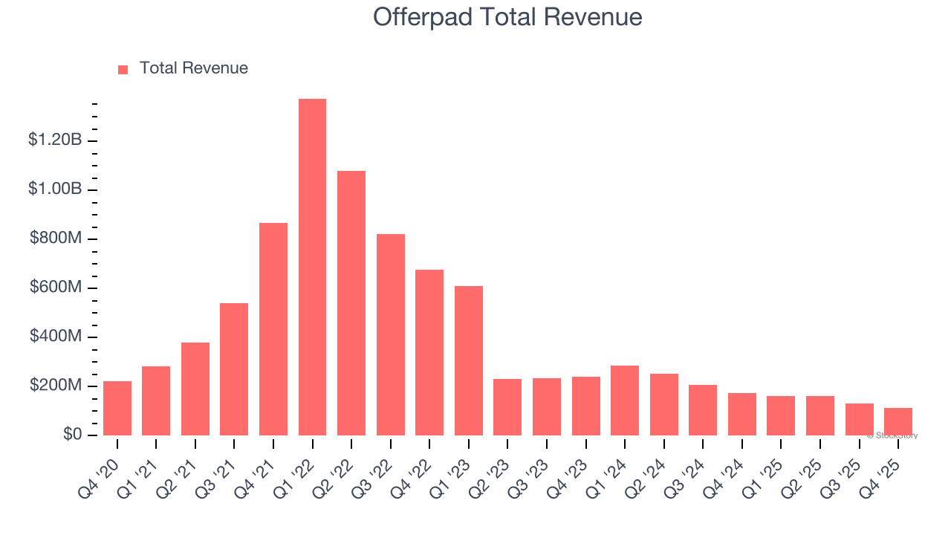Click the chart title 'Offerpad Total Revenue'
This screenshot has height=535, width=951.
(x=507, y=16)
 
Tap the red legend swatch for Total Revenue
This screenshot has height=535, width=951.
(x=123, y=69)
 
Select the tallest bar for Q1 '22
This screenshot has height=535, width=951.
(x=312, y=267)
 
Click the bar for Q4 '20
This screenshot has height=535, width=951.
(x=117, y=408)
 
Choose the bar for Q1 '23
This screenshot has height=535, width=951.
(x=469, y=360)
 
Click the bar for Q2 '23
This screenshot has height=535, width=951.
(x=507, y=407)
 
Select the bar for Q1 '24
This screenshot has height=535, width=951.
(x=625, y=401)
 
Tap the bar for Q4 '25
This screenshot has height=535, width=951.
(x=898, y=421)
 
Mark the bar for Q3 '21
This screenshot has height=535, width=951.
(x=234, y=369)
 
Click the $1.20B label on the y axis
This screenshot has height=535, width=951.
(x=54, y=140)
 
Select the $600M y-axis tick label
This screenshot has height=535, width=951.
(x=55, y=288)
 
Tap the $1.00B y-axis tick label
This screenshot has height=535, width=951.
(x=54, y=189)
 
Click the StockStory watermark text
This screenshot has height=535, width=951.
(x=892, y=435)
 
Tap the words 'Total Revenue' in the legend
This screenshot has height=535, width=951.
(x=194, y=68)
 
